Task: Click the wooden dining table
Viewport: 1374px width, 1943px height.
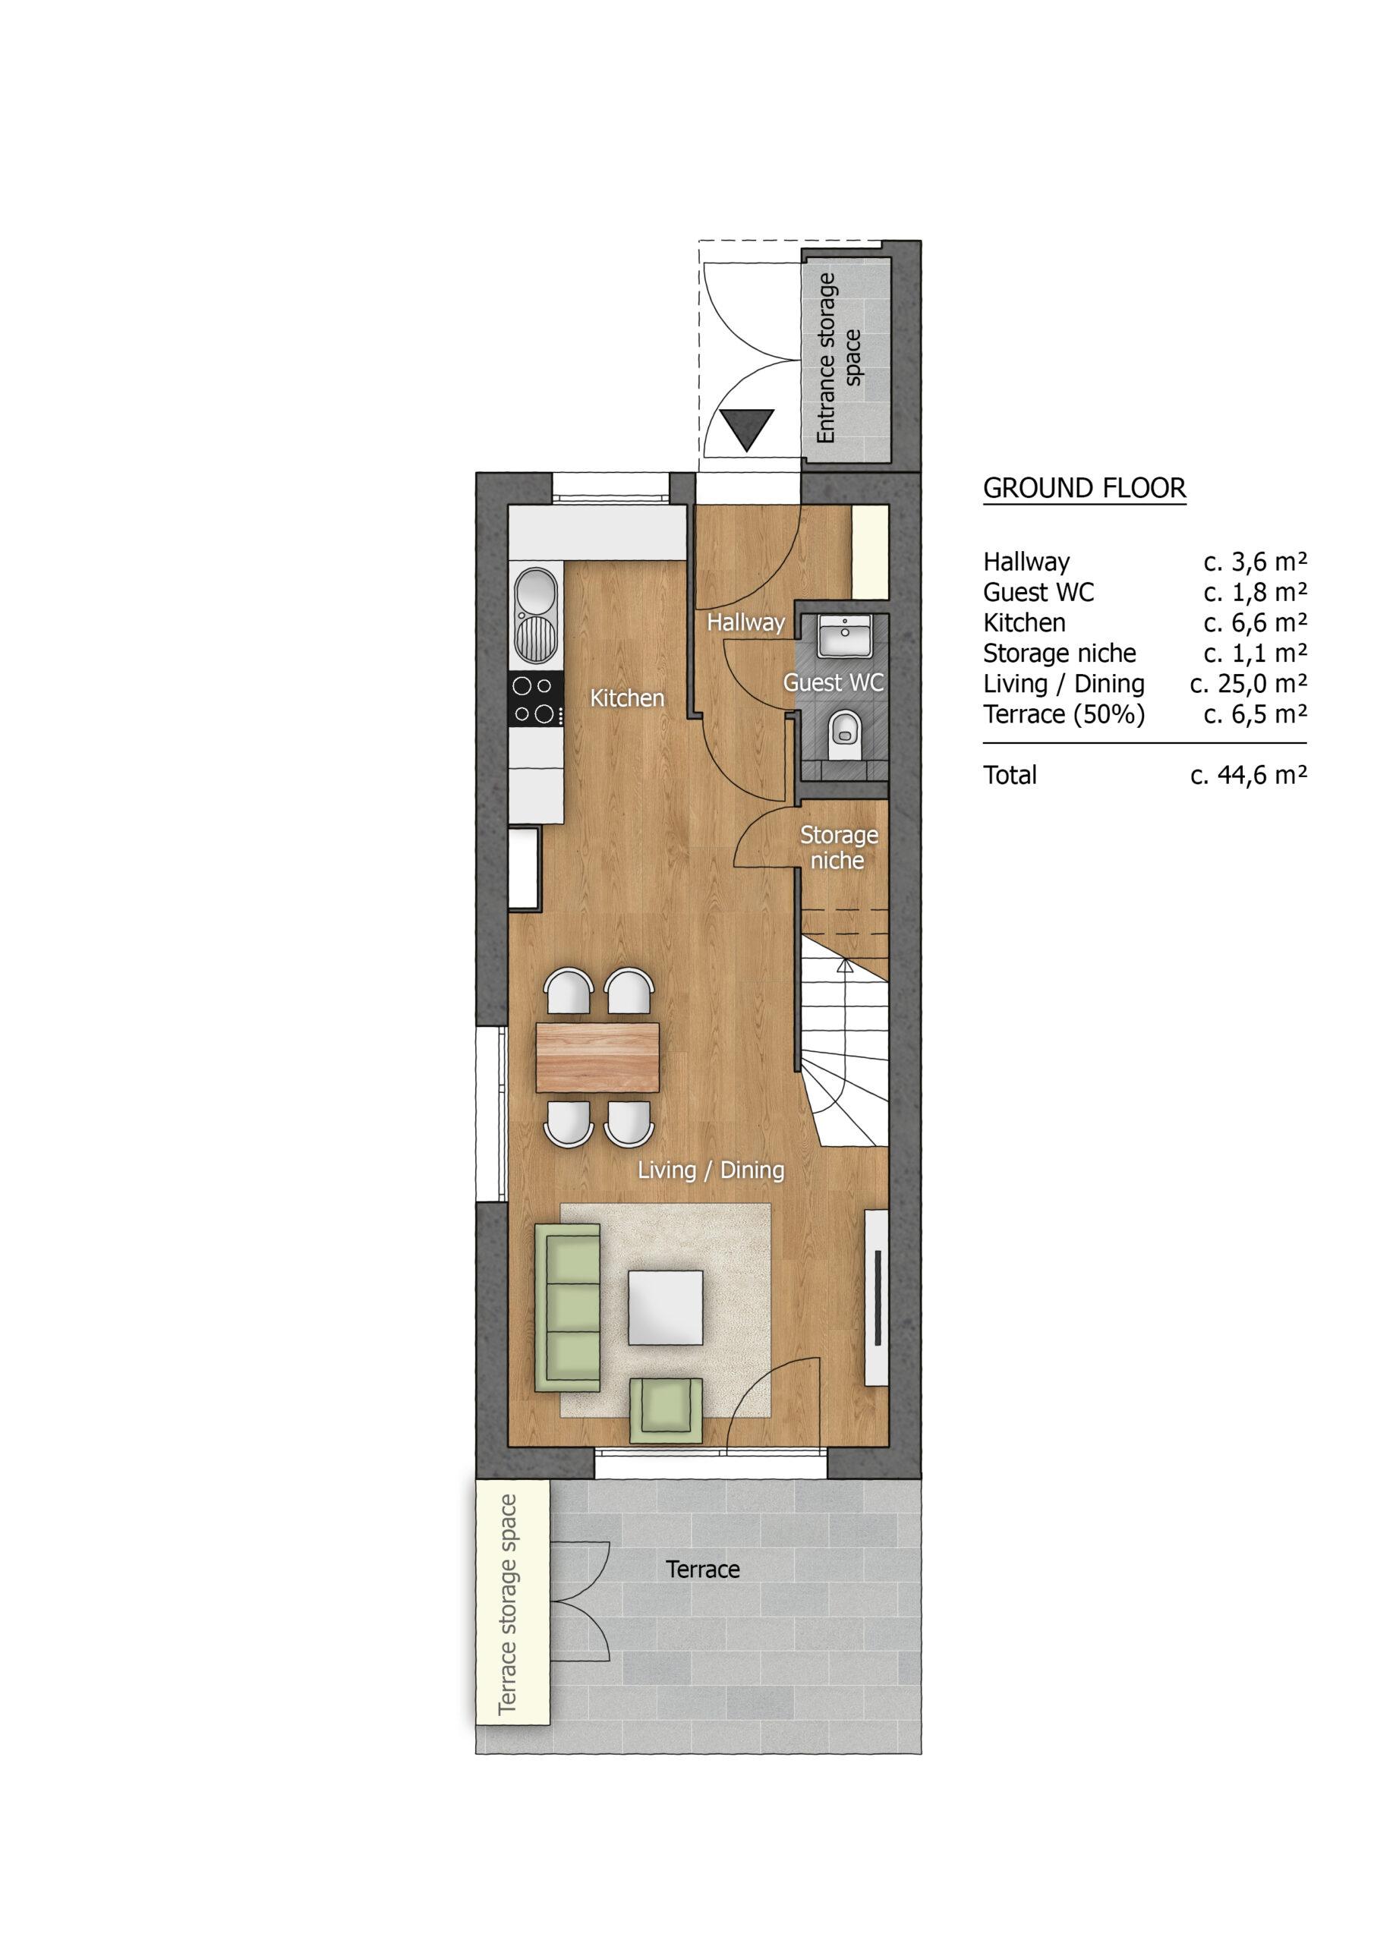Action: click(x=597, y=1057)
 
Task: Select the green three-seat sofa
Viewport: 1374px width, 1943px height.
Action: click(x=567, y=1312)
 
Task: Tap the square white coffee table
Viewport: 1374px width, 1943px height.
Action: click(x=666, y=1308)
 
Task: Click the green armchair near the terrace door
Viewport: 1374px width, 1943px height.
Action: click(x=667, y=1410)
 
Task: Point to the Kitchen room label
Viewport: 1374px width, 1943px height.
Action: click(x=627, y=698)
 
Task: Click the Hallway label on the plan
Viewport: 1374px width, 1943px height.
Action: click(x=746, y=623)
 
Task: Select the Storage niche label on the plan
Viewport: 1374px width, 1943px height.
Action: click(x=838, y=847)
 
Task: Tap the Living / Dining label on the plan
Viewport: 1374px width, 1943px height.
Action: click(x=711, y=1170)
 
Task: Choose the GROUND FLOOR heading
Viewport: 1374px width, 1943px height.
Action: click(x=1085, y=488)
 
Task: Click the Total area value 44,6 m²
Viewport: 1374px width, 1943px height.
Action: click(x=1249, y=774)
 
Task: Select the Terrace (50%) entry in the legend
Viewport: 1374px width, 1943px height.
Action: click(x=1064, y=714)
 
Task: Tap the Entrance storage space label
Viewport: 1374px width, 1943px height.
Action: click(x=838, y=358)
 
